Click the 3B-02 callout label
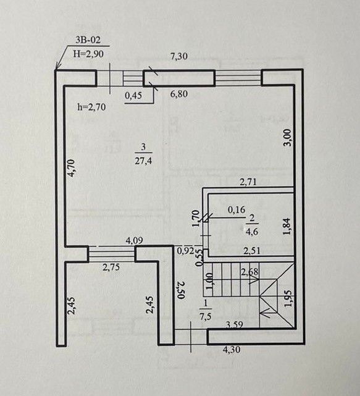(x=88, y=40)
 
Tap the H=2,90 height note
(x=88, y=54)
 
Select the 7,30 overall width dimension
(x=179, y=56)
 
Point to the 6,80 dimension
(x=179, y=94)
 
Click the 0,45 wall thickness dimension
(x=133, y=96)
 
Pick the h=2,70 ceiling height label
(x=91, y=107)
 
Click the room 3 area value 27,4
(x=143, y=161)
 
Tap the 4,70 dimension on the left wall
(x=71, y=168)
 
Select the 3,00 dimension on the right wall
(x=288, y=137)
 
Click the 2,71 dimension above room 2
(x=248, y=182)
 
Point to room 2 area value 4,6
(x=252, y=231)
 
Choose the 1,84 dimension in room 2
(x=287, y=226)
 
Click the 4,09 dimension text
(x=135, y=240)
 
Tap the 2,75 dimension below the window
(x=111, y=267)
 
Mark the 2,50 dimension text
(x=181, y=290)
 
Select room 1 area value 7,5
(x=206, y=316)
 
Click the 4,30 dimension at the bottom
(x=232, y=350)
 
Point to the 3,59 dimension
(x=234, y=324)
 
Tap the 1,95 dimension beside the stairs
(x=288, y=299)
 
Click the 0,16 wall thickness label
(x=237, y=209)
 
